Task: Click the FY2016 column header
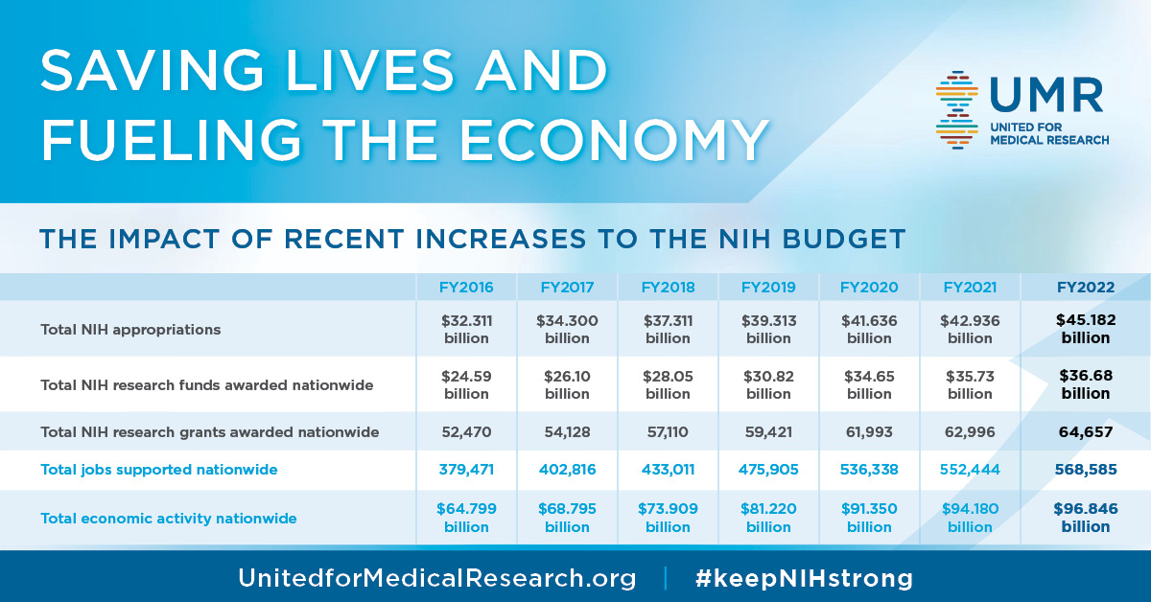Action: [465, 287]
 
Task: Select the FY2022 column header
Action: [1085, 287]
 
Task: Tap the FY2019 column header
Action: [768, 287]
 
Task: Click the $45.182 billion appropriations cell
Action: [1085, 329]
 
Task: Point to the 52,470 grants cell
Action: [465, 432]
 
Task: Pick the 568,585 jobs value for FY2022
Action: [1085, 470]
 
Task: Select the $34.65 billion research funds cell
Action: [869, 384]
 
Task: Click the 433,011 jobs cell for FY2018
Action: [668, 470]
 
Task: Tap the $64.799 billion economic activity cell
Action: [465, 518]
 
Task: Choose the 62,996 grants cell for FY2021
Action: [970, 432]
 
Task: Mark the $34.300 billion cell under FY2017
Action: [567, 329]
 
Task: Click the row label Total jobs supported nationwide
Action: [158, 470]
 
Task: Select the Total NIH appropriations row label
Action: [130, 329]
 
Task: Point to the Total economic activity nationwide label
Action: [168, 518]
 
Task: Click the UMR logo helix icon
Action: [957, 109]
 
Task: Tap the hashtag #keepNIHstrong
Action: [803, 578]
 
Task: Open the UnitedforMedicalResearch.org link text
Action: [436, 578]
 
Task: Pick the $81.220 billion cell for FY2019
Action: [768, 518]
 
